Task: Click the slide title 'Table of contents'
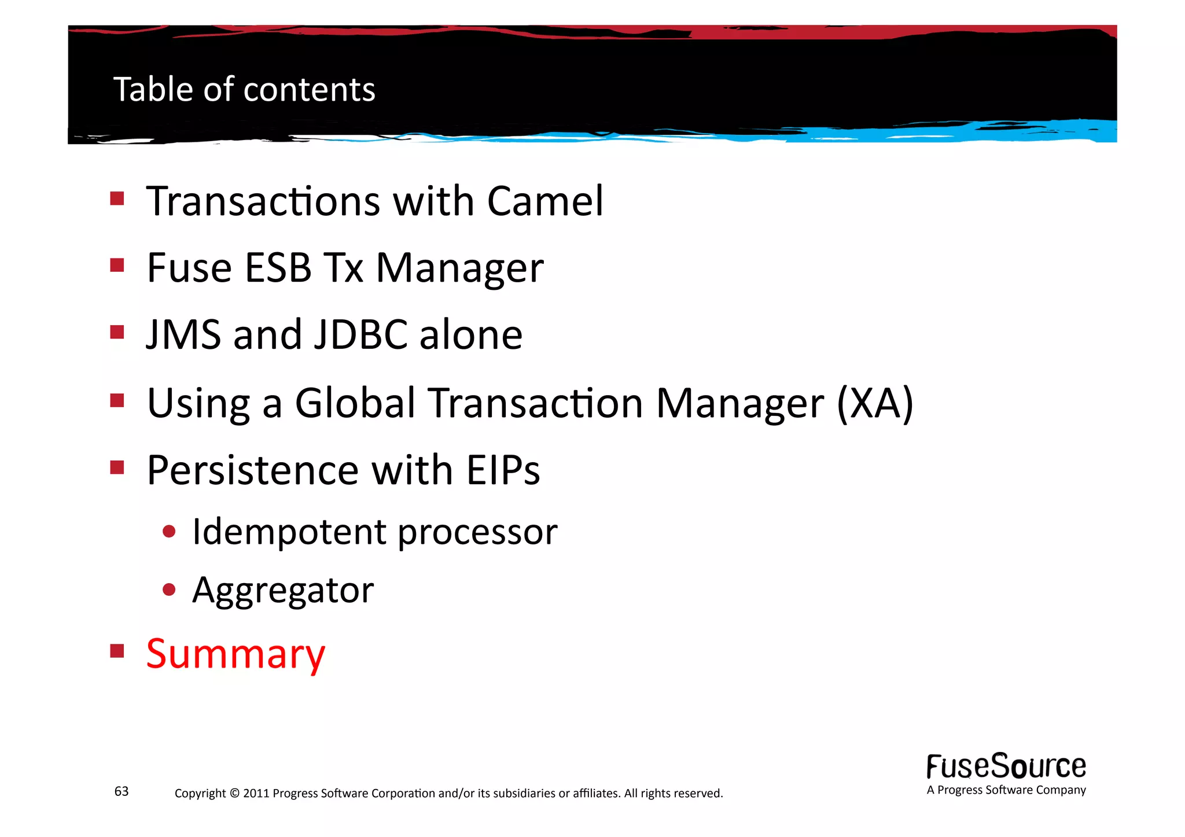pyautogui.click(x=244, y=90)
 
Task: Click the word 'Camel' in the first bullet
pyautogui.click(x=545, y=201)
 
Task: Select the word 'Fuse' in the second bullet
pyautogui.click(x=189, y=268)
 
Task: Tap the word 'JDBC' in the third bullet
pyautogui.click(x=360, y=335)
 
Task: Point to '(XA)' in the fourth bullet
pyautogui.click(x=875, y=403)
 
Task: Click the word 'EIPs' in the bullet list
pyautogui.click(x=503, y=470)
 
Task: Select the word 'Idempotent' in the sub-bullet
pyautogui.click(x=289, y=532)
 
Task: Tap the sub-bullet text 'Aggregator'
pyautogui.click(x=283, y=591)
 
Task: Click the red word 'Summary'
pyautogui.click(x=235, y=654)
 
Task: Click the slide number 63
pyautogui.click(x=122, y=791)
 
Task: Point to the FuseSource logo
pyautogui.click(x=1006, y=766)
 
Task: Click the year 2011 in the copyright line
pyautogui.click(x=256, y=793)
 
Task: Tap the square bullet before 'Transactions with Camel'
pyautogui.click(x=117, y=199)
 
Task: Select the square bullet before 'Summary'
pyautogui.click(x=117, y=651)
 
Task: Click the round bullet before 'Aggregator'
pyautogui.click(x=169, y=590)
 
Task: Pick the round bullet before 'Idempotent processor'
pyautogui.click(x=169, y=531)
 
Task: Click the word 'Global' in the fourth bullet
pyautogui.click(x=355, y=403)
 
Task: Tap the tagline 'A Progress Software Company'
pyautogui.click(x=1006, y=790)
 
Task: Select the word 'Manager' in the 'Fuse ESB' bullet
pyautogui.click(x=460, y=268)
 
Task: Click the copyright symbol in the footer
pyautogui.click(x=234, y=793)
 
